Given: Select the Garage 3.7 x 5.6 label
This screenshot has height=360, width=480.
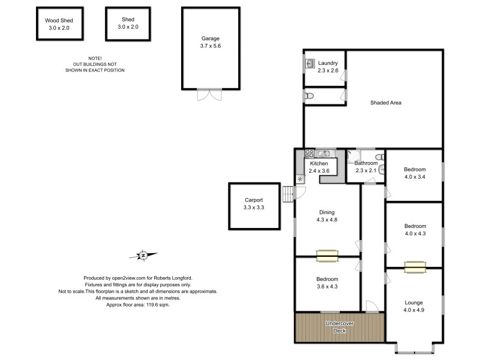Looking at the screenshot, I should pyautogui.click(x=210, y=41).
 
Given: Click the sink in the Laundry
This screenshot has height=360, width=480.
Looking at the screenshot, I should pyautogui.click(x=311, y=64).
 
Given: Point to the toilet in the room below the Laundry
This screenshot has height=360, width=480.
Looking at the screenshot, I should pyautogui.click(x=309, y=95).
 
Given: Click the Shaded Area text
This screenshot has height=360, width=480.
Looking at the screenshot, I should pyautogui.click(x=385, y=103).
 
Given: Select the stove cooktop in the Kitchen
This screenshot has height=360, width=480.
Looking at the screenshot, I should pyautogui.click(x=309, y=154).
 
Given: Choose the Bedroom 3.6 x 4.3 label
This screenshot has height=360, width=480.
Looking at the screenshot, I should pyautogui.click(x=327, y=283).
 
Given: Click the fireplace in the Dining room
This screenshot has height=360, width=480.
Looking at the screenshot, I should pyautogui.click(x=328, y=256).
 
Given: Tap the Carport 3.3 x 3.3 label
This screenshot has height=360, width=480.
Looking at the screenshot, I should pyautogui.click(x=254, y=204).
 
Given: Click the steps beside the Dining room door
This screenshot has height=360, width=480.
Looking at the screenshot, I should pyautogui.click(x=289, y=194).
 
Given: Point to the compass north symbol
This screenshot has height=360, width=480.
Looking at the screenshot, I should pyautogui.click(x=143, y=256).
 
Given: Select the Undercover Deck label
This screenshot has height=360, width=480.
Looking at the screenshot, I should pyautogui.click(x=339, y=327).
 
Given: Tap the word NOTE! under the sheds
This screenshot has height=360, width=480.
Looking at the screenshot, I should pyautogui.click(x=95, y=58).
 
